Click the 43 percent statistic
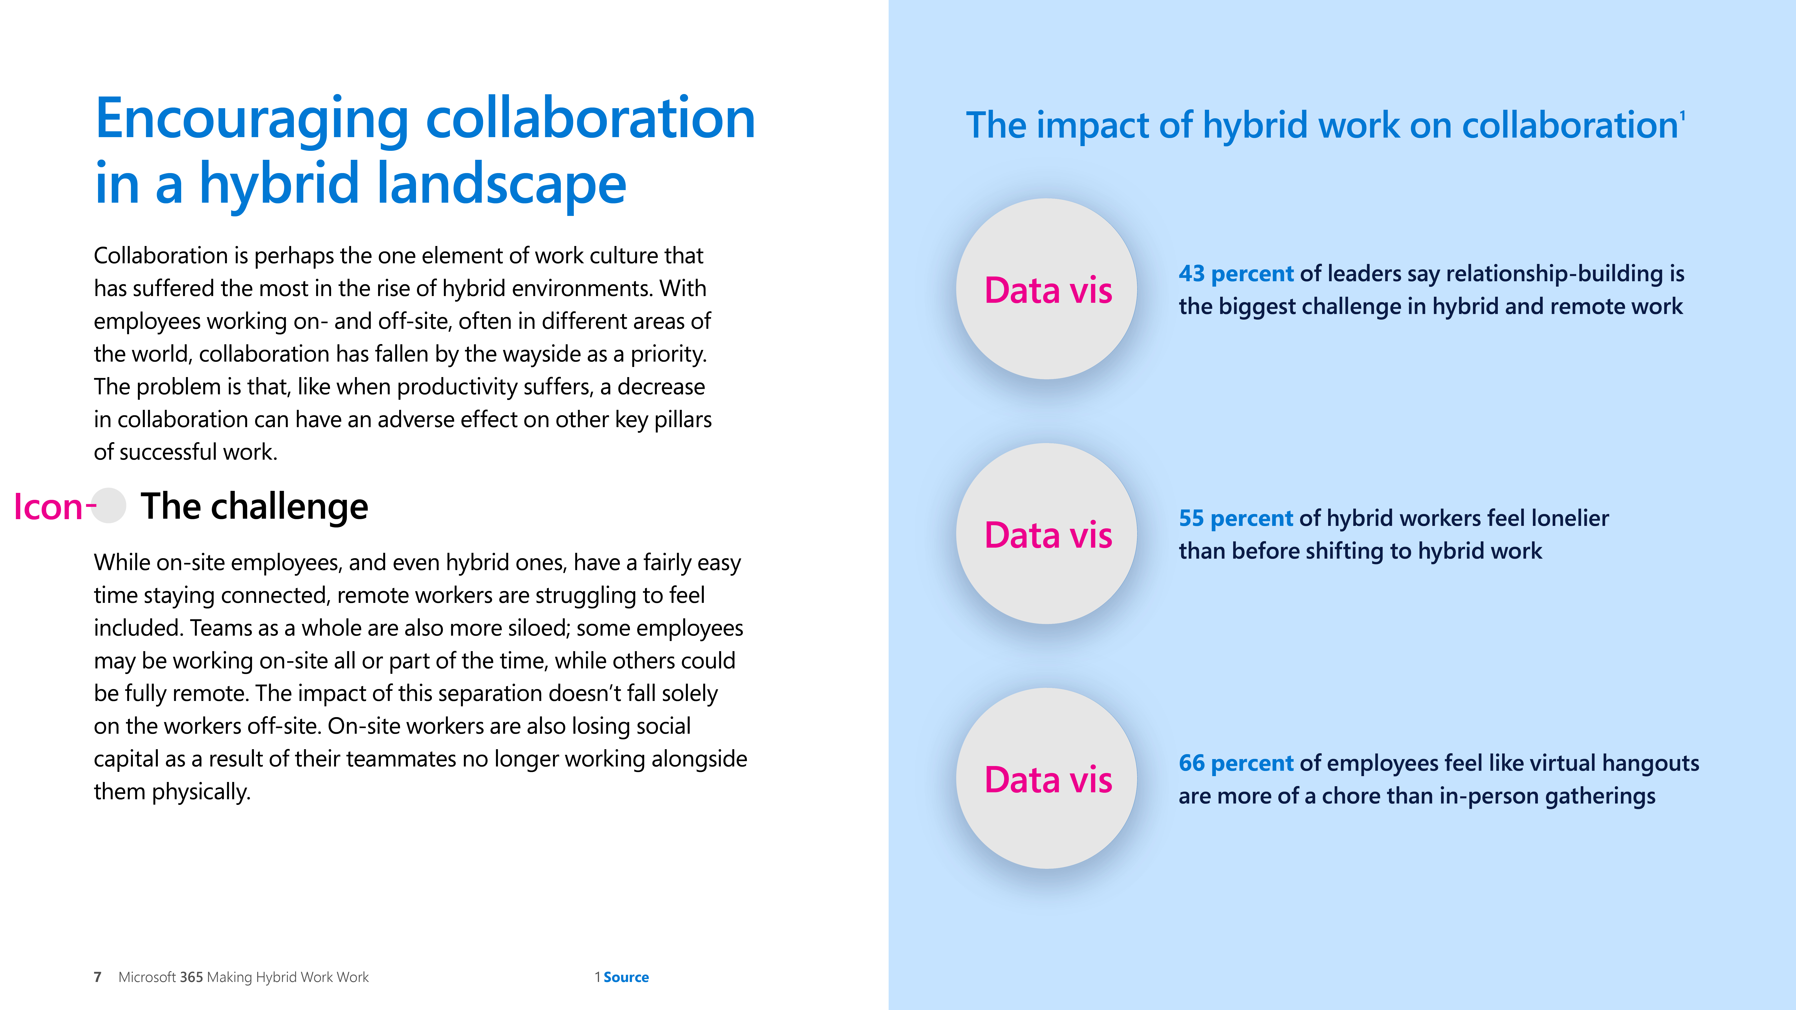(1236, 274)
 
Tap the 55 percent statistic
(1236, 519)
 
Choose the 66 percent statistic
(1236, 763)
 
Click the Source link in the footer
(626, 977)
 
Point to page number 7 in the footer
(98, 977)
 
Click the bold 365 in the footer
(191, 977)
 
